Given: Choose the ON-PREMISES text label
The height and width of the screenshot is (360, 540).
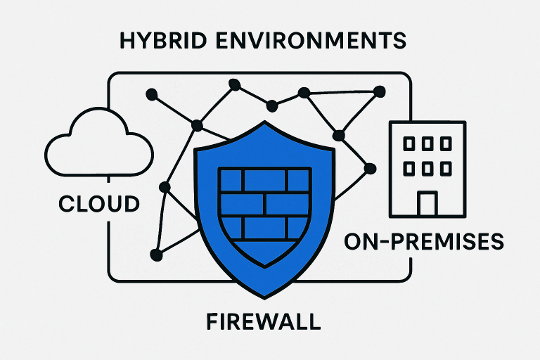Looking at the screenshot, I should (x=424, y=243).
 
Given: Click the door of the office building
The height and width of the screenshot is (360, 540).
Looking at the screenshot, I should (x=427, y=204).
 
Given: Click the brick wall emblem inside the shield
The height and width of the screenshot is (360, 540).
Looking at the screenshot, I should (x=266, y=205).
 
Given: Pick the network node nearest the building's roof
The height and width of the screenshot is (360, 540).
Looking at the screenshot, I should (x=380, y=91).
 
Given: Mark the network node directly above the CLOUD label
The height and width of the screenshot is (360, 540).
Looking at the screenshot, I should (x=165, y=187).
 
